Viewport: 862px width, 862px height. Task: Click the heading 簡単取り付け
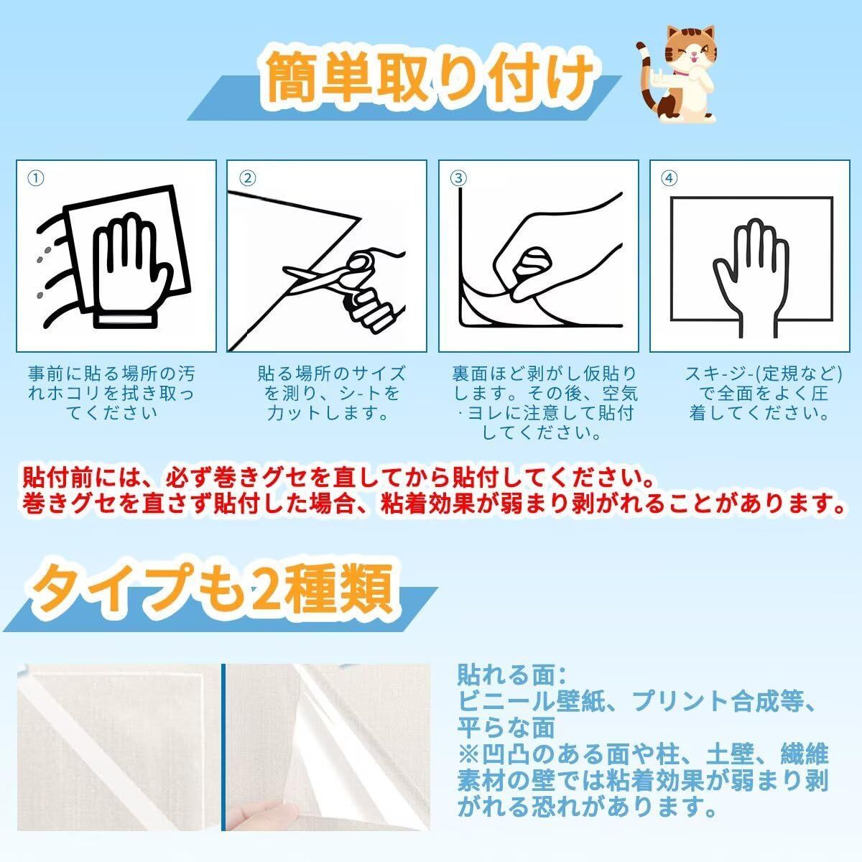point(430,78)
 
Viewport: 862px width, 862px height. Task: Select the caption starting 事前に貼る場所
point(111,393)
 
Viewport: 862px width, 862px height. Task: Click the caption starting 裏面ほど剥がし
point(545,402)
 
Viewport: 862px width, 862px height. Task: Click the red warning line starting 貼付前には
point(338,477)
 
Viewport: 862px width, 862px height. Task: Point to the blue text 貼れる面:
point(512,675)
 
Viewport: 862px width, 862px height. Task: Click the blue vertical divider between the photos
point(223,747)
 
